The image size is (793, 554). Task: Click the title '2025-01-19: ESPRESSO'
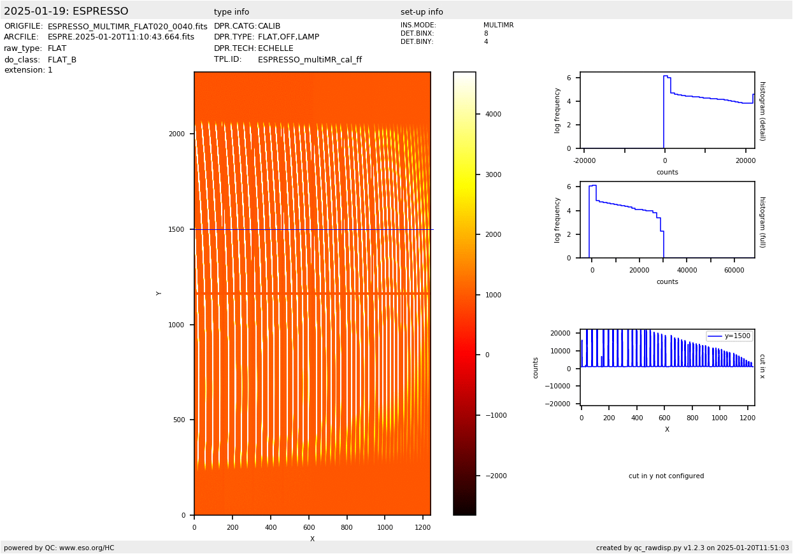[66, 11]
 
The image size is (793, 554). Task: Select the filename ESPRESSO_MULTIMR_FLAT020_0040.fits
[127, 27]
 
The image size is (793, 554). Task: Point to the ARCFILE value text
[121, 38]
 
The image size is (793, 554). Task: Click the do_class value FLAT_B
[62, 60]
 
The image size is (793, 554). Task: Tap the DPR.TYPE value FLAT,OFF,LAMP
[289, 38]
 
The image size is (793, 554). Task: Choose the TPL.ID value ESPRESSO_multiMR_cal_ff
[310, 60]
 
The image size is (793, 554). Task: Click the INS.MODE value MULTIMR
[498, 25]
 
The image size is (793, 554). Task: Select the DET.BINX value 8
[486, 34]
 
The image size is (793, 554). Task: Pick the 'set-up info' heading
[422, 12]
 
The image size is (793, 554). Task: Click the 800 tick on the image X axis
[346, 527]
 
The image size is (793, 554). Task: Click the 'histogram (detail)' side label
[762, 111]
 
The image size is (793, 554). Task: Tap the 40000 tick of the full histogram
[687, 270]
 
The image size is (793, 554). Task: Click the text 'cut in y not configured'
[666, 476]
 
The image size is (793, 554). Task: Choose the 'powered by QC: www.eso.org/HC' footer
[59, 548]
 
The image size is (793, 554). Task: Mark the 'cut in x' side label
[762, 367]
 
